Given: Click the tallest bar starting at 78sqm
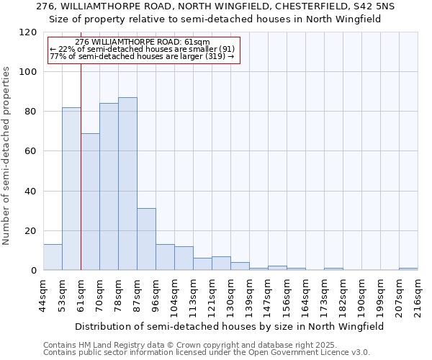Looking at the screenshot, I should pos(127,184).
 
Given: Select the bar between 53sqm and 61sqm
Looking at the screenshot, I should pos(71,189).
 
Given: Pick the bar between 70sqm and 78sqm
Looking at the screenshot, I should pos(109,186).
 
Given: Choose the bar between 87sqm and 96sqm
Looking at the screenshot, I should pos(146,239).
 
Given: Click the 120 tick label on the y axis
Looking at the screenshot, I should pos(28,32).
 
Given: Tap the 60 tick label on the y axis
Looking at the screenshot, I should pos(31,151).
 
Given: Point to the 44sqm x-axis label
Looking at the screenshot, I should pos(43,295).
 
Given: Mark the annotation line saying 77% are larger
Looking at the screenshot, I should pos(142,56).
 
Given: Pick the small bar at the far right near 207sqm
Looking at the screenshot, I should pos(408,269).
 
